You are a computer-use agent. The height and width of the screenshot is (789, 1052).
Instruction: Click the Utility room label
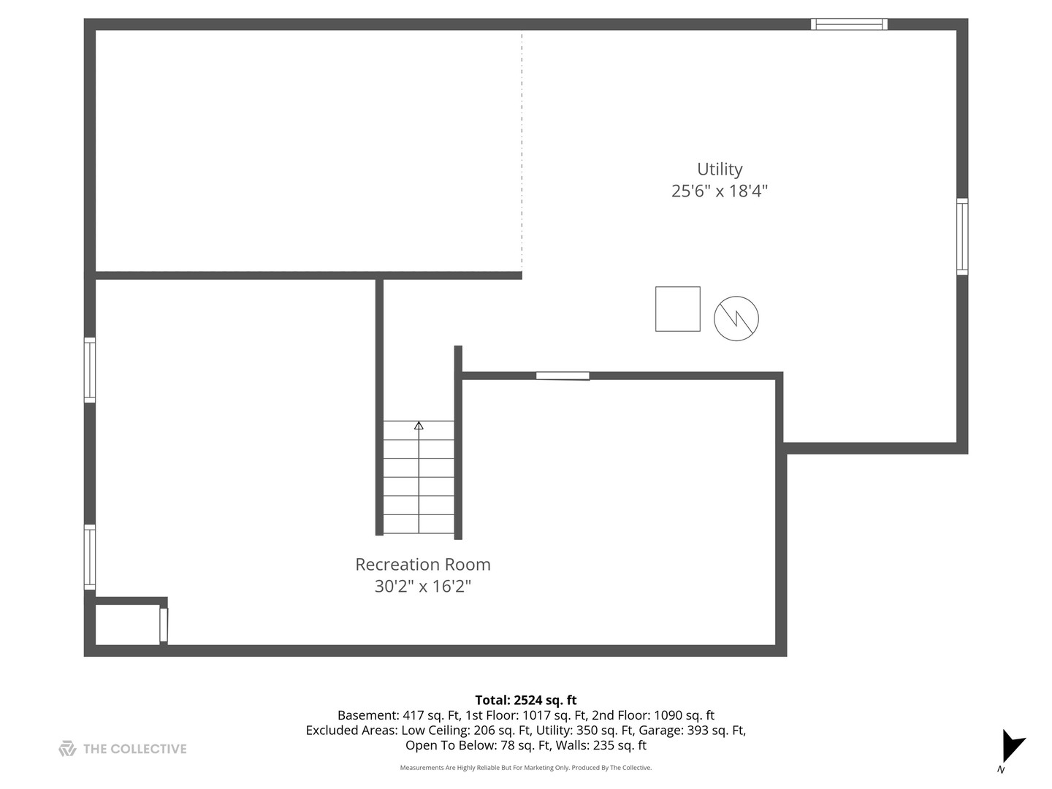coord(720,169)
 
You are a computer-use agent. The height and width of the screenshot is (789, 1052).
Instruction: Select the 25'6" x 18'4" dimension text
coord(720,191)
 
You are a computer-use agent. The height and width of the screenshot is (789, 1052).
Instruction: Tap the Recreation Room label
coord(422,565)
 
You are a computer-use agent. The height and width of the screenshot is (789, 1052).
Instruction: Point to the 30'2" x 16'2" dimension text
coord(422,587)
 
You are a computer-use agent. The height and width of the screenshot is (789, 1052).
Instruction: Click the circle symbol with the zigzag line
coord(736,319)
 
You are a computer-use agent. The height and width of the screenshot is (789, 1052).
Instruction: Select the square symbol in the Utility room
coord(677,309)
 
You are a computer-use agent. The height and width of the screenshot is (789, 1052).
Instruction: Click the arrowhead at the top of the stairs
coord(419,425)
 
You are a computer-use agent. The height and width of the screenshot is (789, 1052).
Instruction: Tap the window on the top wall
coord(849,24)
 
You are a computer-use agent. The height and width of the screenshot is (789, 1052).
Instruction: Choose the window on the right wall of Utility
coord(962,237)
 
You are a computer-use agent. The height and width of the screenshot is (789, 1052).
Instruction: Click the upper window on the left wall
coord(90,370)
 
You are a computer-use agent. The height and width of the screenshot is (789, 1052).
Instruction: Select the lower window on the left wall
coord(90,557)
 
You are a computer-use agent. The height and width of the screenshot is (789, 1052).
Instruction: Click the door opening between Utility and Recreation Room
coord(563,376)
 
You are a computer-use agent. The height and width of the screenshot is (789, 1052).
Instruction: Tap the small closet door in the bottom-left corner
coord(164,625)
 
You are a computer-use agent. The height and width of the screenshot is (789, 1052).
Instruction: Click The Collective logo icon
coord(67,749)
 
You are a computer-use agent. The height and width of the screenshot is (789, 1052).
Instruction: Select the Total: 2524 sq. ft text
coord(526,700)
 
